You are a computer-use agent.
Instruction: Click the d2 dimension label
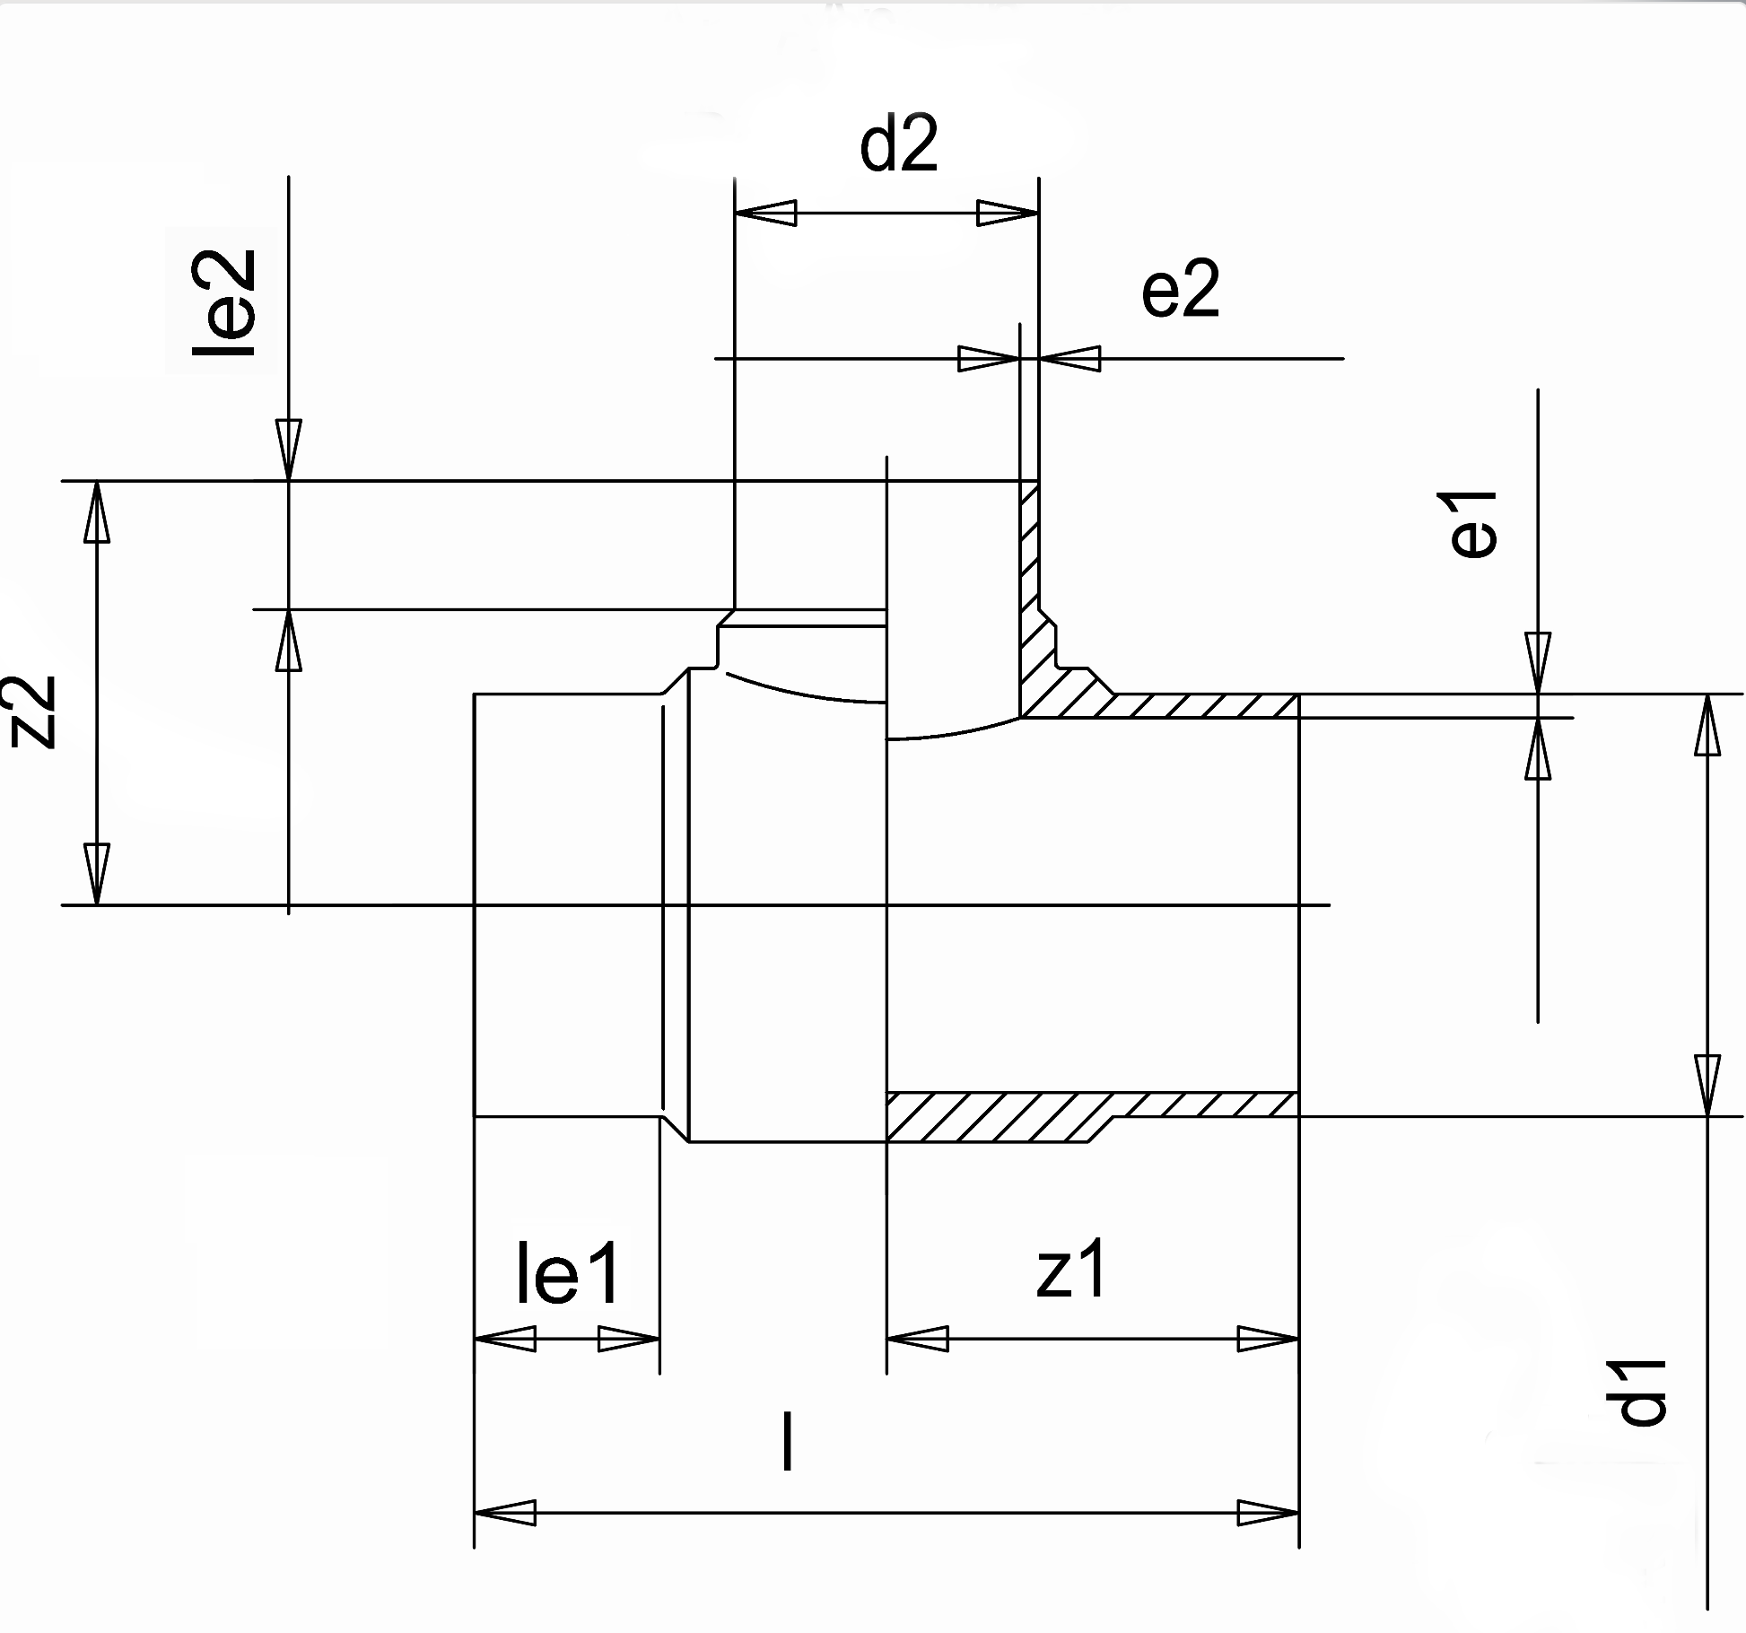point(898,145)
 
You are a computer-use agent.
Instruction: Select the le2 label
point(224,303)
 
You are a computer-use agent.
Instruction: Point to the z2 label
point(38,711)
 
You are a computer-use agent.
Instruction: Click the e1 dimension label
point(1474,525)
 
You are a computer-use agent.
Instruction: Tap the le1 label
point(567,1275)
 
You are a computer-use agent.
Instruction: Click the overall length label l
point(787,1441)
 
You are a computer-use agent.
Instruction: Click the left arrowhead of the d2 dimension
point(764,214)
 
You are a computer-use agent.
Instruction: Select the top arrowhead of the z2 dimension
point(97,511)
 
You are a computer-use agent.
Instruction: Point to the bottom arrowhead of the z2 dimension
point(97,875)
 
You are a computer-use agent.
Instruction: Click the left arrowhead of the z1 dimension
point(917,1340)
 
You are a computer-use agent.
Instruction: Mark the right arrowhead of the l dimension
point(1269,1513)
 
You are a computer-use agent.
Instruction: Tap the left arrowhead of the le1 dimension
point(504,1340)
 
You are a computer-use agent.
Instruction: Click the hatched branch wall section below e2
point(1032,583)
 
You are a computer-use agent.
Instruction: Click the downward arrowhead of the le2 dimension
point(288,450)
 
